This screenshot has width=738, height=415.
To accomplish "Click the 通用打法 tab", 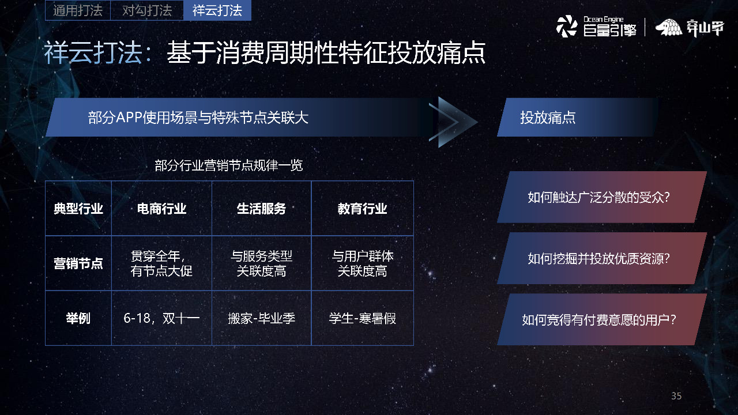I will click(77, 10).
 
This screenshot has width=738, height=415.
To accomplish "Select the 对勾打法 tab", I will click(147, 10).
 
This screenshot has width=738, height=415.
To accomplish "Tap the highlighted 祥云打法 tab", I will click(217, 10).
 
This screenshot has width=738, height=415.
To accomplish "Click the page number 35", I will click(676, 396).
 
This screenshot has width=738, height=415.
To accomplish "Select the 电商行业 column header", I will click(161, 209).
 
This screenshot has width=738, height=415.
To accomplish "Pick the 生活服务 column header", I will click(261, 209).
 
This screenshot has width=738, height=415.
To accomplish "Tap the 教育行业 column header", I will click(362, 209).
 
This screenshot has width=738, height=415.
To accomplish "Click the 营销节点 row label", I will click(78, 263).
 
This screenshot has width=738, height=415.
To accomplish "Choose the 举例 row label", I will click(78, 318).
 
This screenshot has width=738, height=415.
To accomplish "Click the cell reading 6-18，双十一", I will click(161, 318).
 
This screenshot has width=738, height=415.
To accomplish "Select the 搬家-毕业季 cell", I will click(261, 318).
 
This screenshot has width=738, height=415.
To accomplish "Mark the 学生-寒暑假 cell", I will click(362, 318).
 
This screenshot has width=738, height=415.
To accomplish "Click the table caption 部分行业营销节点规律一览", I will click(229, 166).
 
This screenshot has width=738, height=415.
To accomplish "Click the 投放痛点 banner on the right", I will click(577, 118).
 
